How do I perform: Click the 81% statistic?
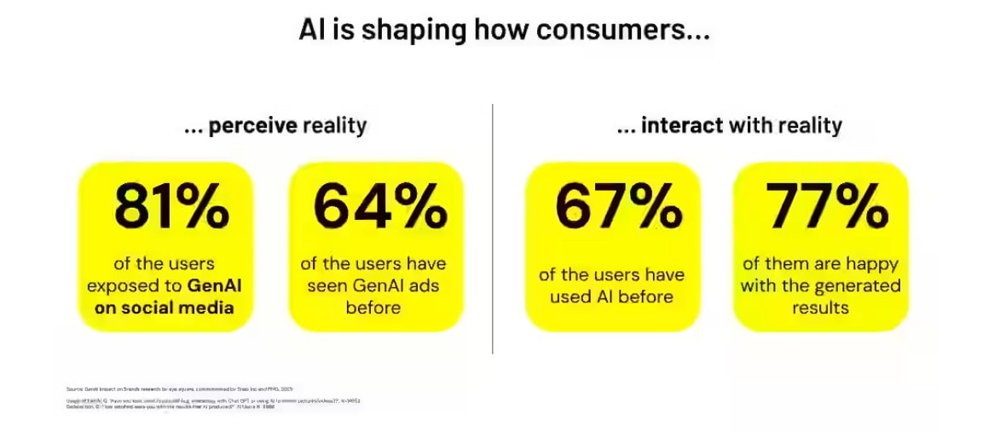171,208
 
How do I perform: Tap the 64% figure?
379,208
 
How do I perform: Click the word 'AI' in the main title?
311,30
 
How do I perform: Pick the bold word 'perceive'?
253,126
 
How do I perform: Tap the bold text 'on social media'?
165,308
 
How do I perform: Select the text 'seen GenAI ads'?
373,285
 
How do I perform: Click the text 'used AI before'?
611,297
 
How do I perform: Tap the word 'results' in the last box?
820,308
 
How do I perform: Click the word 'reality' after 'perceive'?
335,126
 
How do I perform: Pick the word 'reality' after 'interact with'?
808,126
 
